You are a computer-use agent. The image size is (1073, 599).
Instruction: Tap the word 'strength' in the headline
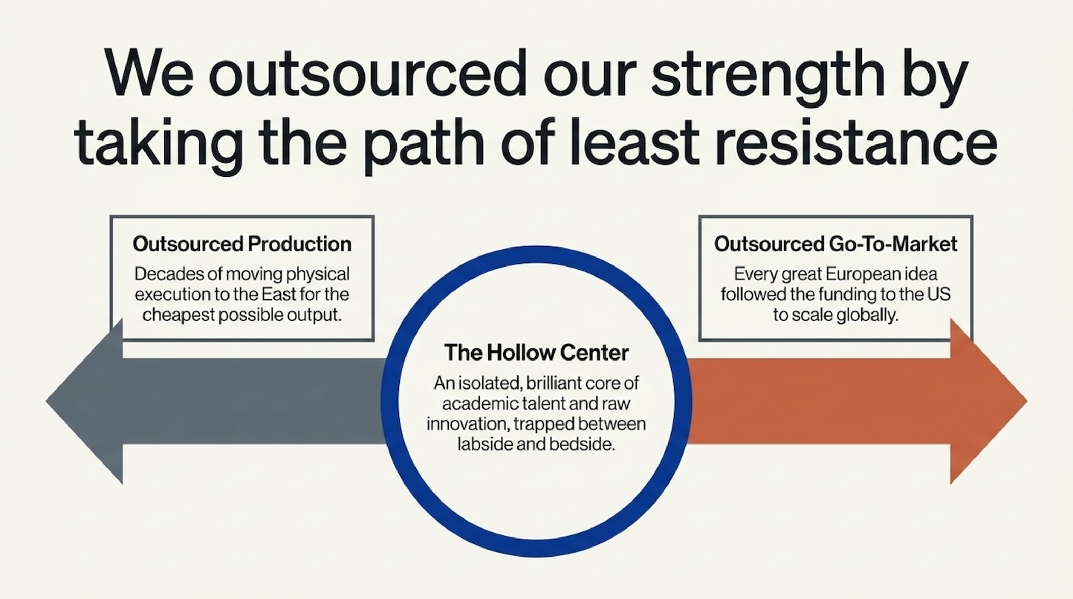tap(767, 77)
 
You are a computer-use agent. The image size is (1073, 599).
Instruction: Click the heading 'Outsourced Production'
tap(242, 244)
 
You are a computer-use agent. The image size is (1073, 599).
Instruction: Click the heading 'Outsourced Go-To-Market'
tap(835, 244)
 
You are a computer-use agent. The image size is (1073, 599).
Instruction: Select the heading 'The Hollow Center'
tap(536, 353)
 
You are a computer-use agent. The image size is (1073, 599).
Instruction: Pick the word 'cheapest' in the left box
tap(178, 316)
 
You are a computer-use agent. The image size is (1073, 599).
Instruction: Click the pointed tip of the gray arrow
tap(47, 401)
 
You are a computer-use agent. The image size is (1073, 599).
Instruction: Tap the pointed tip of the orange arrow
tap(1027, 401)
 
